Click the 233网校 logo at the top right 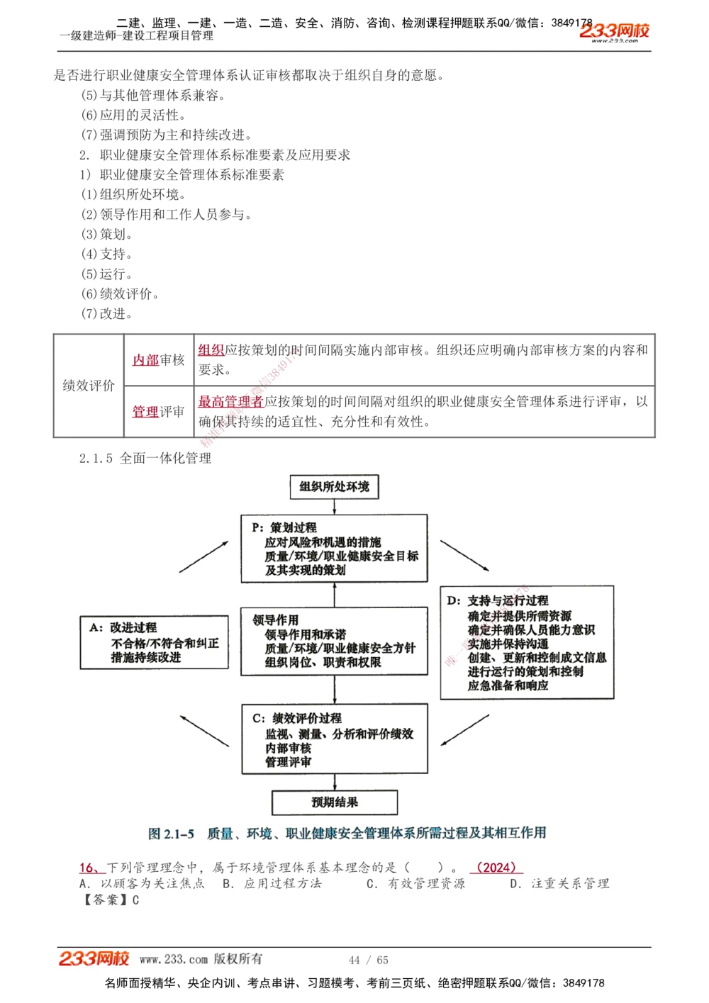(x=614, y=31)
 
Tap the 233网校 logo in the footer (x=94, y=958)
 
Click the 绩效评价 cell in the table (x=89, y=386)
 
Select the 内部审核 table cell (x=159, y=360)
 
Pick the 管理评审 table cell (x=159, y=412)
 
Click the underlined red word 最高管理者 (x=230, y=402)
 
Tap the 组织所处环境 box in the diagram (x=334, y=487)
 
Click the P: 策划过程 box (x=334, y=549)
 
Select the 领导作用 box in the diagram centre (x=334, y=641)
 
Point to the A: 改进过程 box (x=155, y=642)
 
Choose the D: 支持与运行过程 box (x=527, y=642)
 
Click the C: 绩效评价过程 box (x=334, y=739)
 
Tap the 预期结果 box (x=334, y=802)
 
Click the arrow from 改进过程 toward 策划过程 (x=203, y=556)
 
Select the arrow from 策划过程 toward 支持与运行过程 (x=464, y=555)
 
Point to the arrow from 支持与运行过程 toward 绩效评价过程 (x=465, y=729)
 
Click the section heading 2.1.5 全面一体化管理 (x=145, y=459)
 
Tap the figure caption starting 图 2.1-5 (x=347, y=834)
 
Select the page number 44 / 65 (x=369, y=960)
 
